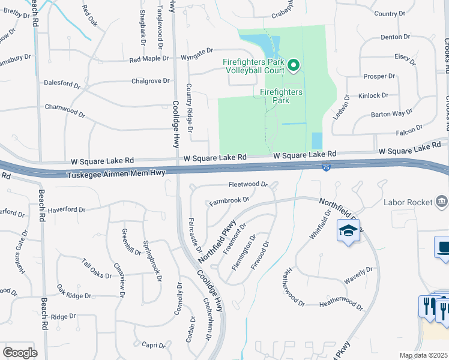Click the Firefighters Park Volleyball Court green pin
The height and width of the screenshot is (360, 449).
point(294,65)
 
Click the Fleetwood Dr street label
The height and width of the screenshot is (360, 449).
point(247,184)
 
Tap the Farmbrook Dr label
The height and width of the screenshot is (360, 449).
point(229,200)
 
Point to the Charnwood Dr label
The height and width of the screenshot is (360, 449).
point(65,109)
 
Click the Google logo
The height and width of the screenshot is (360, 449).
point(20,353)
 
